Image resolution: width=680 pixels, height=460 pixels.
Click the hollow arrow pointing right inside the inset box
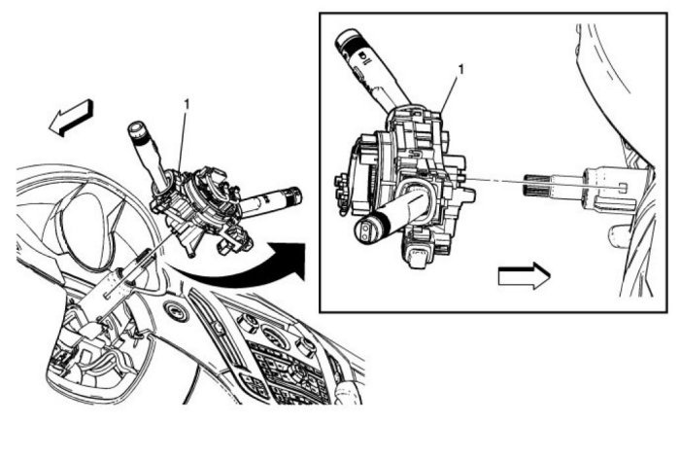pyautogui.click(x=524, y=275)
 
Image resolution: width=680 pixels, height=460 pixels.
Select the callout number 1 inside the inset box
pyautogui.click(x=460, y=70)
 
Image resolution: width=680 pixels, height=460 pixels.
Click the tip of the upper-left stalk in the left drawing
pyautogui.click(x=137, y=129)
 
